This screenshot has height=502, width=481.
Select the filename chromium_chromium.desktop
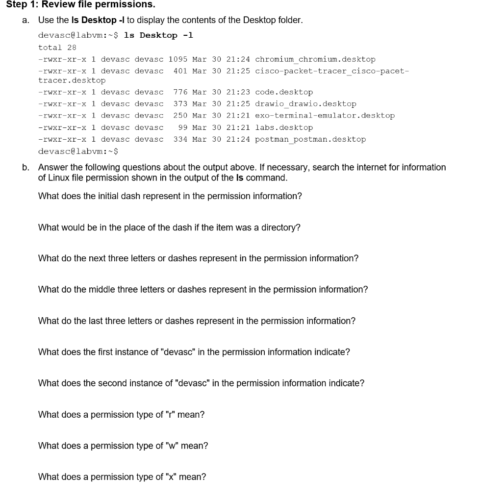[x=315, y=59]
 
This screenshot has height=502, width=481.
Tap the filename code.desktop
[x=284, y=92]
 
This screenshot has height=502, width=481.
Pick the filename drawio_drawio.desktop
[x=305, y=104]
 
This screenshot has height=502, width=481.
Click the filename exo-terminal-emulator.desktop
[x=325, y=116]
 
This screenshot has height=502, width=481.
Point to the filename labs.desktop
[x=284, y=127]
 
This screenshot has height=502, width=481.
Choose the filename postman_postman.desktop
[x=310, y=139]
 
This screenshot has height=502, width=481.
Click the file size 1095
[x=177, y=59]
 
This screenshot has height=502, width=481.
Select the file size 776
[x=180, y=92]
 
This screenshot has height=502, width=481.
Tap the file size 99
[x=183, y=127]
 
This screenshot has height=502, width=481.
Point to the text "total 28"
[x=57, y=48]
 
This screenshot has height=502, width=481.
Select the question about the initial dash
[x=170, y=196]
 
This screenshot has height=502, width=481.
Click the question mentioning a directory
[x=169, y=227]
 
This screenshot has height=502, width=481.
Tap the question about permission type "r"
[x=121, y=415]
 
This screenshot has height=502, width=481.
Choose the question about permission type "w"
[x=123, y=446]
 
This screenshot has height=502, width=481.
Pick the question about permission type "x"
[x=122, y=477]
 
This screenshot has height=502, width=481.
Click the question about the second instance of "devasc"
[x=201, y=383]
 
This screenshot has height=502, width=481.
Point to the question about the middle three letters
[x=203, y=290]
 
